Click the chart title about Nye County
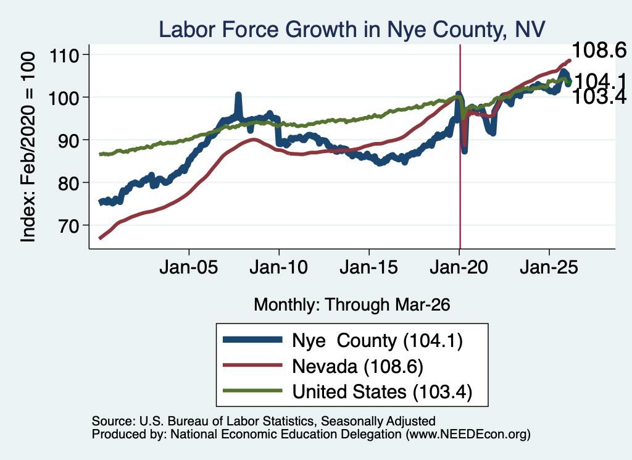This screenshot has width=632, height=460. pos(352,30)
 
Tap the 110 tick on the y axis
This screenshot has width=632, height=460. pos(64,55)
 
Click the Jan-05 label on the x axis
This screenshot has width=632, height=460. pos(189,267)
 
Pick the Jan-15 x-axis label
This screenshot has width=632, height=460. pos(369,267)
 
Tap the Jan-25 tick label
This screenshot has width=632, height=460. pos(549,267)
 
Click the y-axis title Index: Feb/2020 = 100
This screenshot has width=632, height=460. pos(28,147)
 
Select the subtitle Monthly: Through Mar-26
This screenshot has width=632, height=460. pos(352,305)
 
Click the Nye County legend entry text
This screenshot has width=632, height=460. pos(377,341)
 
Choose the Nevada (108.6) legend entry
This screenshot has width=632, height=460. pos(357,367)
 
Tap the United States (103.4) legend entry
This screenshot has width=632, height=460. pos(382,392)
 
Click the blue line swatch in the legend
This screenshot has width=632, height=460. pos(252,340)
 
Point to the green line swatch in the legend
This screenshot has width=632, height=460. pos(252,390)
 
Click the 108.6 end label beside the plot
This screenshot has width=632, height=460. pos(599,51)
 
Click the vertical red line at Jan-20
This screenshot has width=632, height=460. pos(460,147)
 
